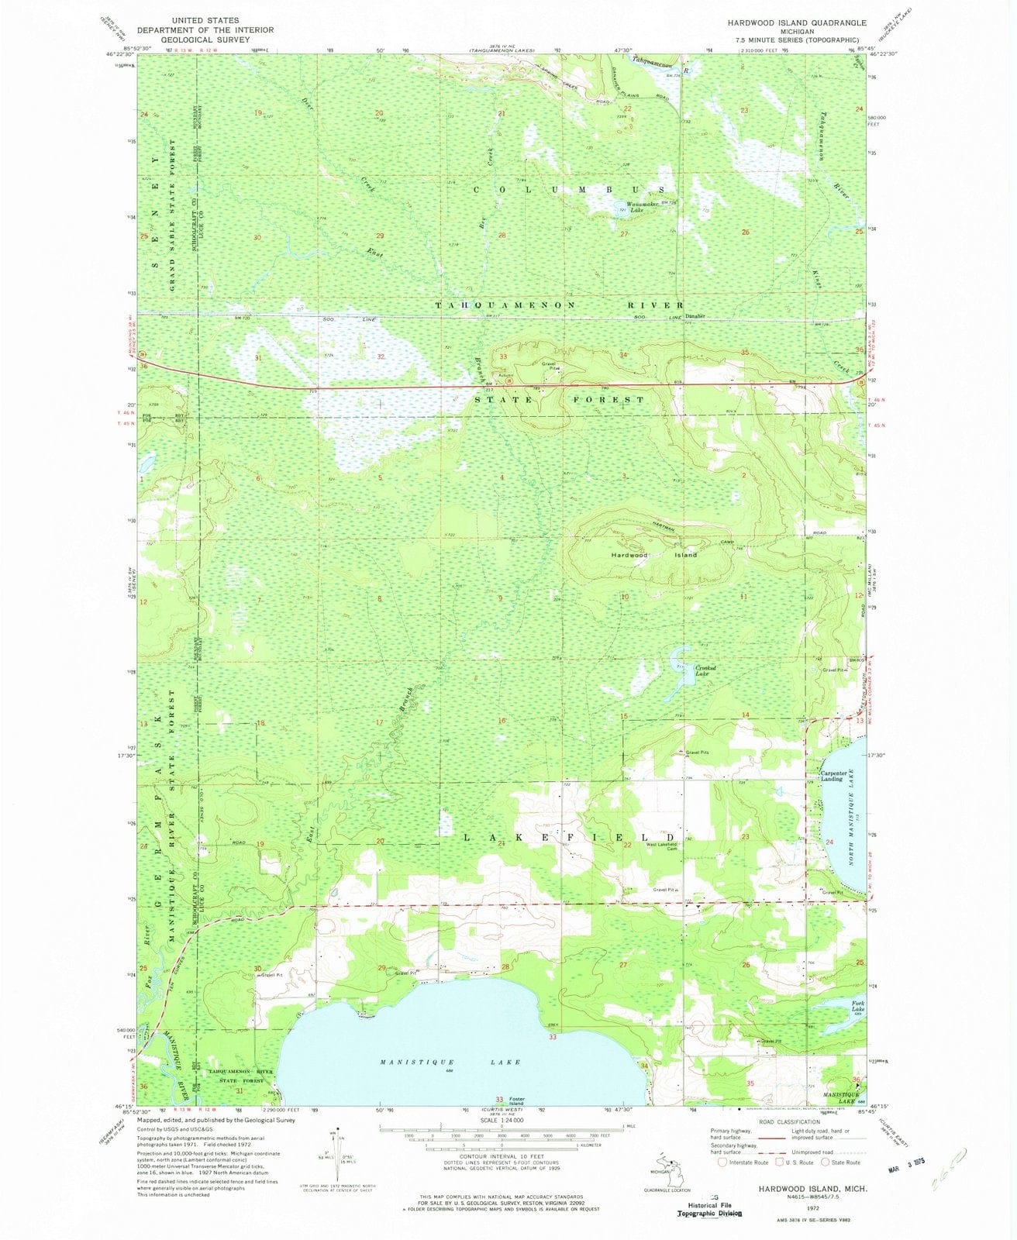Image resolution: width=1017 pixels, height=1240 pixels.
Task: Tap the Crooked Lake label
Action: tap(704, 670)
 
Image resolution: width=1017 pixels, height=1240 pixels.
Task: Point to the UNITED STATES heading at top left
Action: tap(205, 20)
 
